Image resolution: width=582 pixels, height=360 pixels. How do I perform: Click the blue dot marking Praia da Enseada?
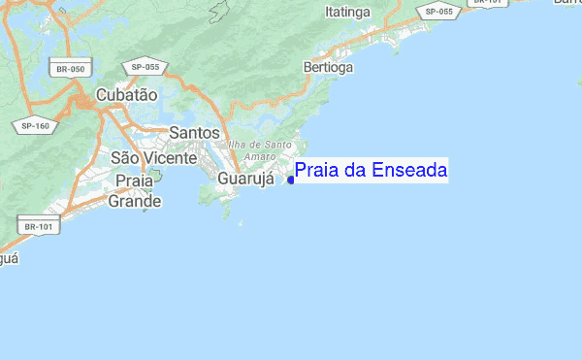point(291,180)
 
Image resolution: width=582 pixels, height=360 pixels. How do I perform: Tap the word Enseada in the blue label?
point(407,172)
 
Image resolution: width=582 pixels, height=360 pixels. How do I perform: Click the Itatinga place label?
point(347,12)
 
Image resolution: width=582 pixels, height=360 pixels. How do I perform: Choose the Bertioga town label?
point(328,68)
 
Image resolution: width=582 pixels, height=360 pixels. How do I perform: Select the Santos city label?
point(194,133)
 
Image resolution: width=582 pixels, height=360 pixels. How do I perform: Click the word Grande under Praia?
point(134,202)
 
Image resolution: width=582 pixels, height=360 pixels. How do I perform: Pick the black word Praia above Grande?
point(134,180)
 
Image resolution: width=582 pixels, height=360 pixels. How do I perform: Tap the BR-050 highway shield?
point(70,69)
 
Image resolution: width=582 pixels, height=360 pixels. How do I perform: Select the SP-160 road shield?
point(35,125)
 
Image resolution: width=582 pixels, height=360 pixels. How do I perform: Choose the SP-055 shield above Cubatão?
point(145,65)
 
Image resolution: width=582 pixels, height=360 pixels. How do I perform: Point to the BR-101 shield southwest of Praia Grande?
point(38,226)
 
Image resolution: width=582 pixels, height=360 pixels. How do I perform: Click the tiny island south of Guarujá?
point(241,223)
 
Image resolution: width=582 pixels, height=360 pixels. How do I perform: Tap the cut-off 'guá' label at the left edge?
point(8,259)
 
